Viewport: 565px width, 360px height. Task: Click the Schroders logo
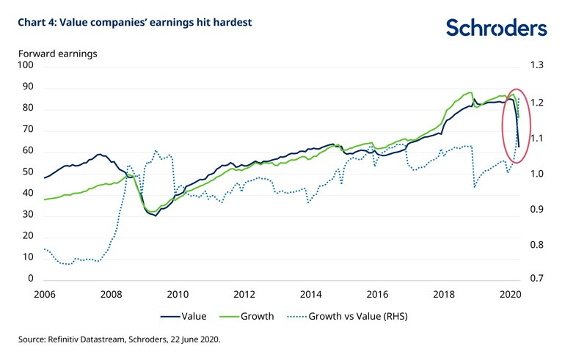[x=496, y=28]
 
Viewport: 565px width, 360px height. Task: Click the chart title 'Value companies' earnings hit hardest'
[x=136, y=23]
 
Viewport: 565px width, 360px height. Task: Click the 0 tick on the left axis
[x=30, y=279]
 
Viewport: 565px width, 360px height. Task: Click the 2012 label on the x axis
[x=244, y=295]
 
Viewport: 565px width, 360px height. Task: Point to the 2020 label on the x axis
[x=510, y=295]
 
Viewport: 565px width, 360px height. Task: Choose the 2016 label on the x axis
[x=377, y=295]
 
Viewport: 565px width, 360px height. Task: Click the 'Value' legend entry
[x=183, y=317]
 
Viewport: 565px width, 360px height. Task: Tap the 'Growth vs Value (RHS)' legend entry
[x=348, y=317]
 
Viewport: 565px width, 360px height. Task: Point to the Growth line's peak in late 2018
[x=468, y=92]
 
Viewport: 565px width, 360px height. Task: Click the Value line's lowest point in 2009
[x=156, y=216]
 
